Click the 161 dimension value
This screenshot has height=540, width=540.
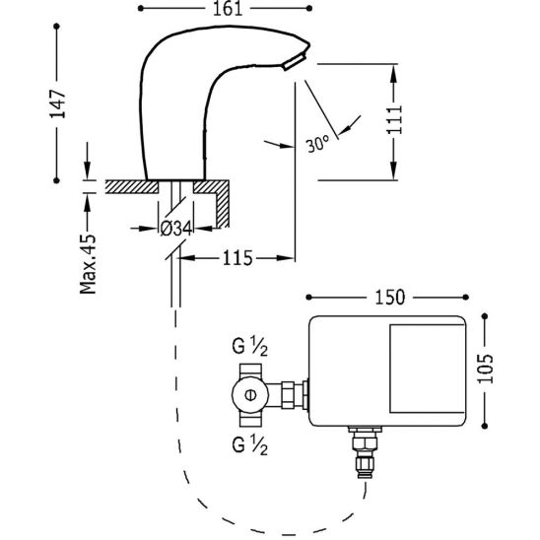tap(228, 9)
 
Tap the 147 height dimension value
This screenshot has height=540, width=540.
tap(58, 104)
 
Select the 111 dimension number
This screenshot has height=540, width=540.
tap(394, 119)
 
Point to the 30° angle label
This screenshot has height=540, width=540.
tap(317, 144)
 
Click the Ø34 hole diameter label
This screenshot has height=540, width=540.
tap(176, 229)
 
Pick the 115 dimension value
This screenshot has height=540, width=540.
tap(237, 258)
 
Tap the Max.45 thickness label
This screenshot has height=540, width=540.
tap(88, 264)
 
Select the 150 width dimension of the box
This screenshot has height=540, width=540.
tap(390, 298)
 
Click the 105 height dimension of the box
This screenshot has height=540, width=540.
tap(485, 369)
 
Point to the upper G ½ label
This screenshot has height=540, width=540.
tap(249, 347)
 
